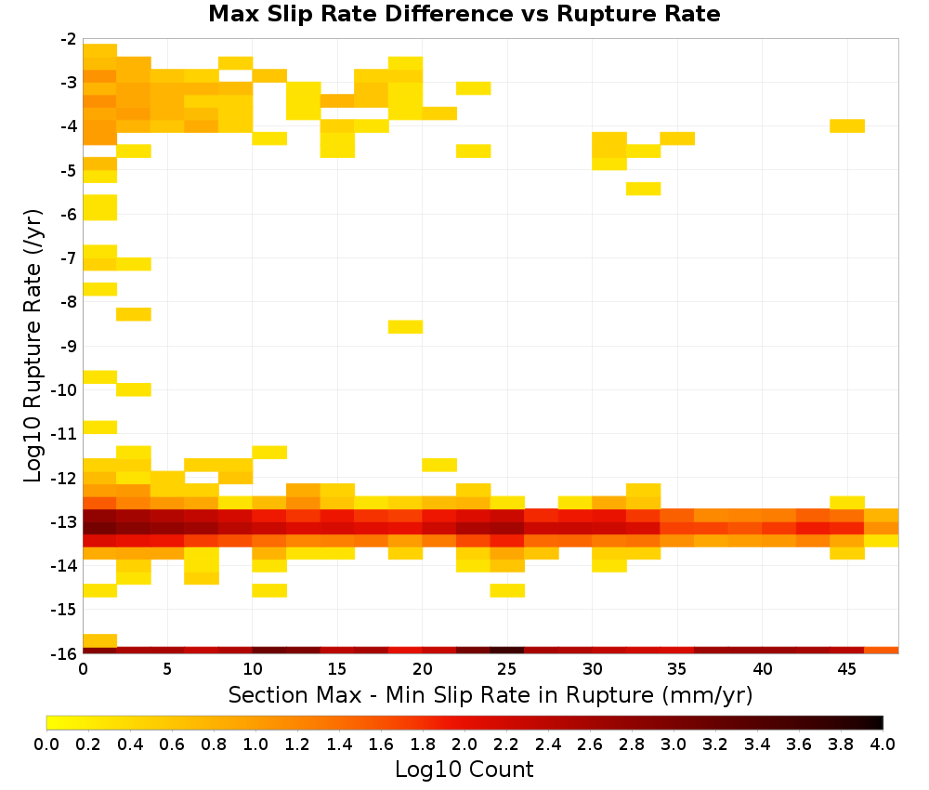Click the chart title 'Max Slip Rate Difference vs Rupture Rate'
(464, 14)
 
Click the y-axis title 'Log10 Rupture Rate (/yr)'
(33, 346)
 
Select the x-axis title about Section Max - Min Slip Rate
(490, 694)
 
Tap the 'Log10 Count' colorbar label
(464, 770)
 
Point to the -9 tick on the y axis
(69, 346)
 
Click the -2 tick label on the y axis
(69, 39)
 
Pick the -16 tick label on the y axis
(64, 653)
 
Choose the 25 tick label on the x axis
(507, 669)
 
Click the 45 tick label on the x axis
(847, 669)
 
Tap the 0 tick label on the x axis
(83, 669)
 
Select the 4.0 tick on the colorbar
(883, 744)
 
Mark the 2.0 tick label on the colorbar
(464, 744)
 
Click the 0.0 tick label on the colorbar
(46, 744)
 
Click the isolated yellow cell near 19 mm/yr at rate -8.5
(405, 326)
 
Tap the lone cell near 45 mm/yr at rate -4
(847, 125)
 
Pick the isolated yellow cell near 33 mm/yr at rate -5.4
(644, 189)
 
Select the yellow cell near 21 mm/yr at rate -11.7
(439, 465)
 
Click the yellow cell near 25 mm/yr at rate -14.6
(507, 590)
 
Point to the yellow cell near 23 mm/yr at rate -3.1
(474, 88)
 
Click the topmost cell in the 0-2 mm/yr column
(99, 50)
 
